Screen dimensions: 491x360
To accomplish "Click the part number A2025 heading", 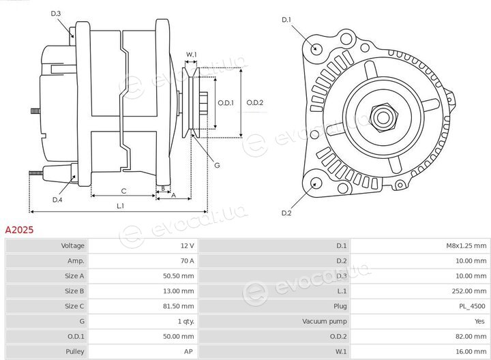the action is click(19, 230).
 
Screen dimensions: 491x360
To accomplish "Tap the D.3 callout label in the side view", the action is click(56, 14).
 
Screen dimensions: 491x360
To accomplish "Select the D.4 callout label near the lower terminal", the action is click(57, 200).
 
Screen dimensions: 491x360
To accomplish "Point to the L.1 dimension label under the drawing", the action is click(120, 206).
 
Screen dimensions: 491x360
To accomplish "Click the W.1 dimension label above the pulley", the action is click(192, 54).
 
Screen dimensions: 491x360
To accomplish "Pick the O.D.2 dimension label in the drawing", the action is click(255, 103).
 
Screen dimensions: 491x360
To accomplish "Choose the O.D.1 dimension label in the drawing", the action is click(226, 103).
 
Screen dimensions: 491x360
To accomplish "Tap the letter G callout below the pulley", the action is click(217, 165).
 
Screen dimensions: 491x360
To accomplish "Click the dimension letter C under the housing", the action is click(123, 191).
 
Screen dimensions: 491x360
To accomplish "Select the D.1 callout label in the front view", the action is click(286, 20).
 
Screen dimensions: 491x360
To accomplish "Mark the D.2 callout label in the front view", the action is click(286, 213).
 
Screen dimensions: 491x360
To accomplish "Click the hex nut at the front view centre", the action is click(383, 117).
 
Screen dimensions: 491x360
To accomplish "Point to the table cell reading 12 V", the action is click(188, 245).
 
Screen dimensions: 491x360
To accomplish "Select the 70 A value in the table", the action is click(188, 260).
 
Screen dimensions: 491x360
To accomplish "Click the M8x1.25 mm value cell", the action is click(466, 245).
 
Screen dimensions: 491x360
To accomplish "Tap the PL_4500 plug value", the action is click(472, 306).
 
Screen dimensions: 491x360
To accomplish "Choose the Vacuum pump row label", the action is click(325, 321).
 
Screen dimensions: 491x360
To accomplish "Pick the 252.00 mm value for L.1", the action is click(469, 291).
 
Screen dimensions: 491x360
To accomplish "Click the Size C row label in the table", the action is click(74, 306).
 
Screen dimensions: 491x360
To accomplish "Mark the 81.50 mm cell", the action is click(179, 306).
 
